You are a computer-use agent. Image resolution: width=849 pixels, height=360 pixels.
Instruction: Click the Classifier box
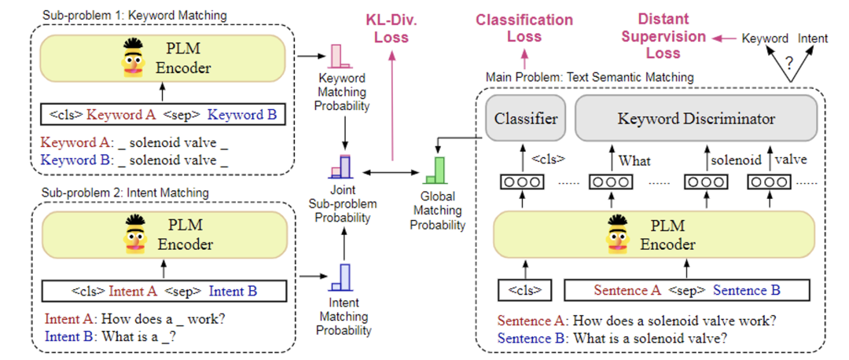tap(527, 119)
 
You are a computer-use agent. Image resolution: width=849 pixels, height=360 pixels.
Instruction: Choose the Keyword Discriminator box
tap(696, 119)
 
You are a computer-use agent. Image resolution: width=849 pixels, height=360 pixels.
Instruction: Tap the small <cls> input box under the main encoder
tap(525, 289)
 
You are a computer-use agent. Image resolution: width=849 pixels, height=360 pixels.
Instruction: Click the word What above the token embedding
tap(634, 160)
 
